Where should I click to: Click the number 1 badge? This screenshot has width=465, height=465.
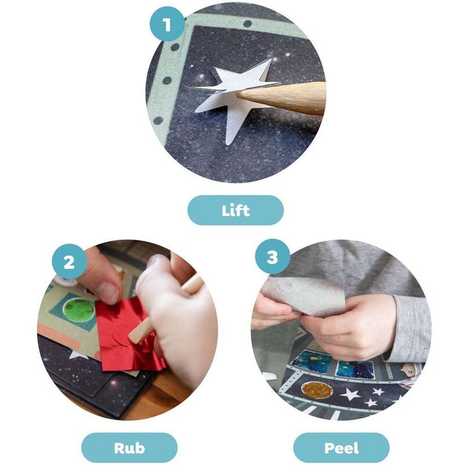[167, 24]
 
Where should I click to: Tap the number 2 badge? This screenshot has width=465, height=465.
[69, 262]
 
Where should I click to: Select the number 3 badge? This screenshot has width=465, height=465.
[273, 257]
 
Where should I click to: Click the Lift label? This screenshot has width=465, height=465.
[235, 210]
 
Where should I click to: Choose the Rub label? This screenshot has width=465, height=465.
[129, 448]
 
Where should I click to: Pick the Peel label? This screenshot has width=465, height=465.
[341, 448]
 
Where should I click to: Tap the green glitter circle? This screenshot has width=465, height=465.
[79, 310]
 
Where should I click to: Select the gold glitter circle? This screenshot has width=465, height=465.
[317, 390]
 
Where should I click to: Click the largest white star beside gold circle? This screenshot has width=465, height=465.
[352, 395]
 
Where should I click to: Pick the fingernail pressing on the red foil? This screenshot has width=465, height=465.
[109, 293]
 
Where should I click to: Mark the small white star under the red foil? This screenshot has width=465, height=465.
[78, 354]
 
